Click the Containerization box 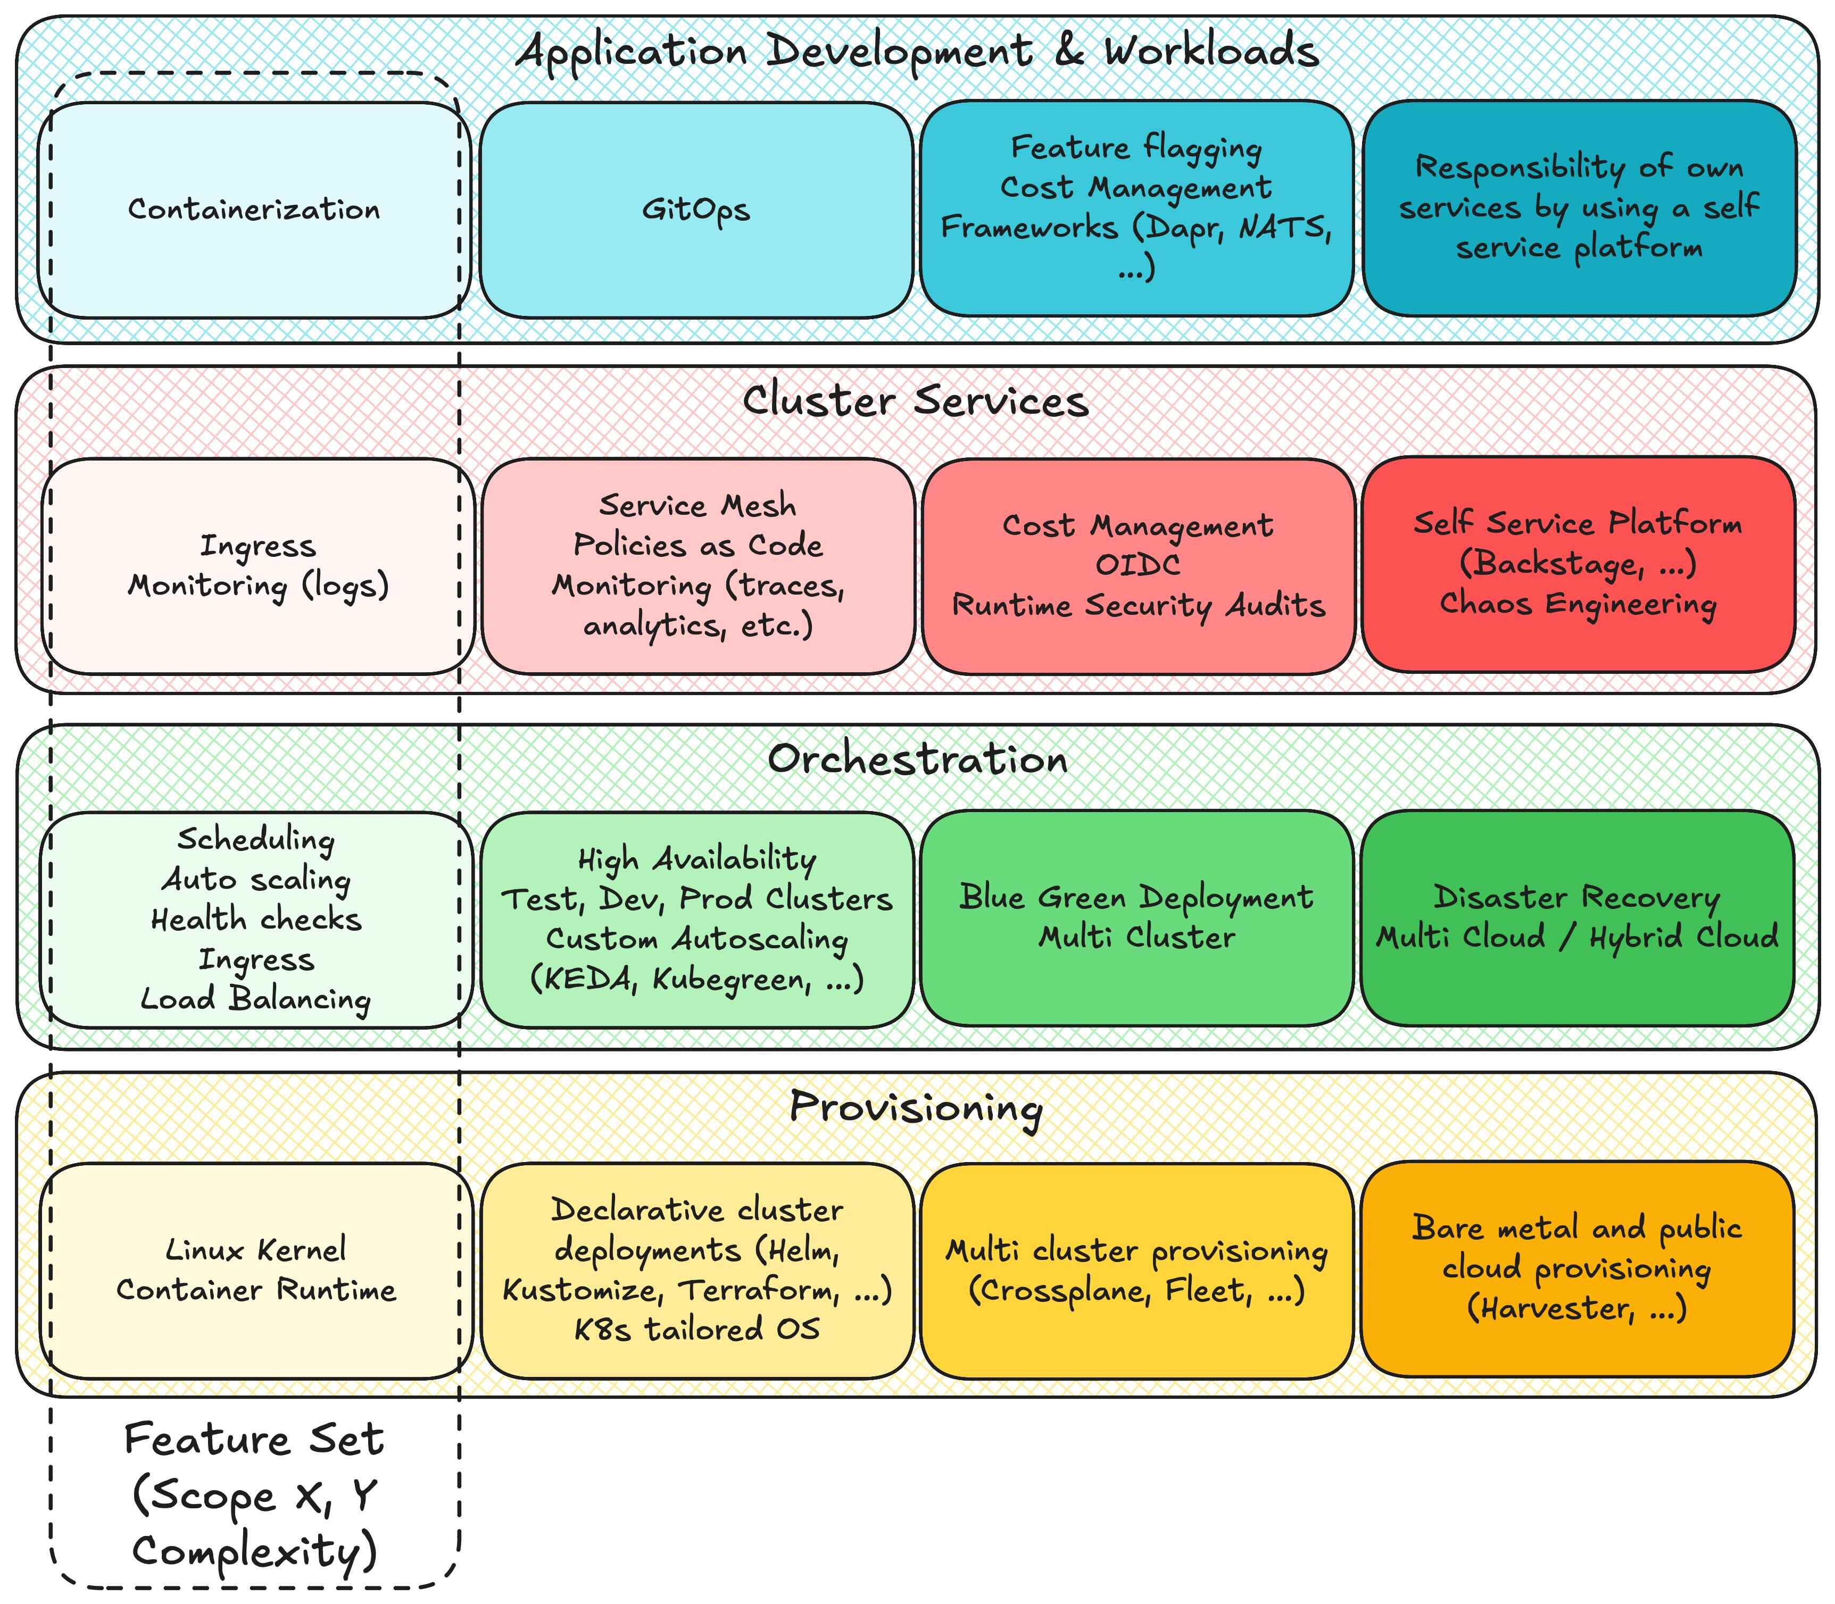pyautogui.click(x=254, y=210)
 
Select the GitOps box pyautogui.click(x=696, y=210)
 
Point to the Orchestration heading pyautogui.click(x=917, y=759)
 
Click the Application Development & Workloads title pyautogui.click(x=917, y=51)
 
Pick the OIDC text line pyautogui.click(x=1137, y=565)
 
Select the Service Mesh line pyautogui.click(x=697, y=506)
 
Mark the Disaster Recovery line pyautogui.click(x=1576, y=897)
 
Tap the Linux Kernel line pyautogui.click(x=256, y=1250)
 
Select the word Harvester pyautogui.click(x=1557, y=1309)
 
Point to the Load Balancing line pyautogui.click(x=256, y=999)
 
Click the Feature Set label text pyautogui.click(x=254, y=1439)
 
